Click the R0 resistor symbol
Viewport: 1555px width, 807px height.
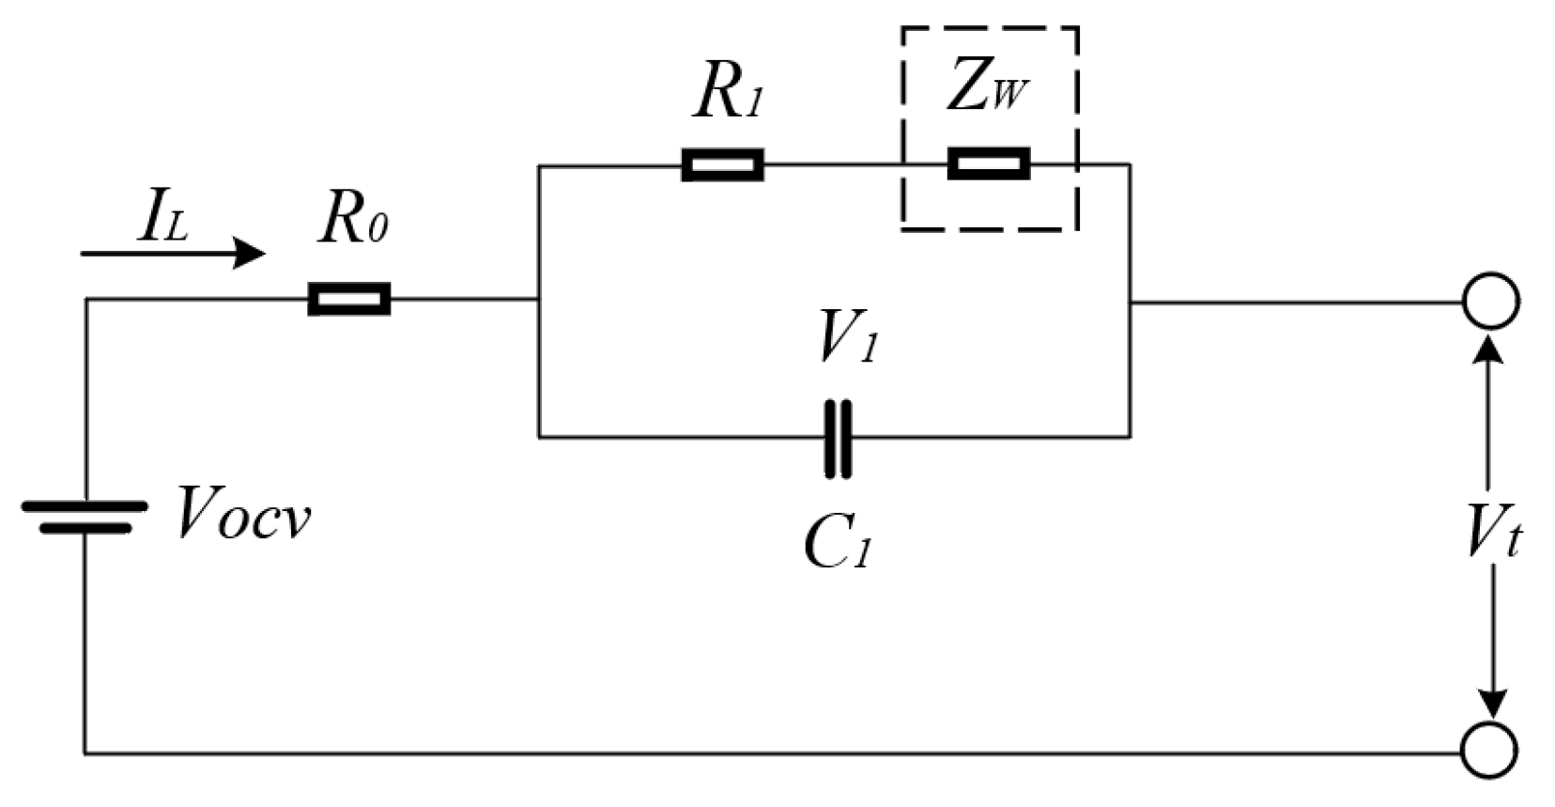[348, 300]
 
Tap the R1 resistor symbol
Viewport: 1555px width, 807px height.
[721, 164]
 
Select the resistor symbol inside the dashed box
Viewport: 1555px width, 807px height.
[988, 164]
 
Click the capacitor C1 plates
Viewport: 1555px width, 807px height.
[838, 438]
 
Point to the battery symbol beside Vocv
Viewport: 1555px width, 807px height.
[85, 517]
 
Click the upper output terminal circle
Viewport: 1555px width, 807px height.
[1489, 302]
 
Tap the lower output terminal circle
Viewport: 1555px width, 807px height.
[1489, 750]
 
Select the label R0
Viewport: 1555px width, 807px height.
[352, 222]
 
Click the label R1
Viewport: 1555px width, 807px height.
[728, 94]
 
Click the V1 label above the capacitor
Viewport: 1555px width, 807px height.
[847, 336]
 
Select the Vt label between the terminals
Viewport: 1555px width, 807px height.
[1493, 535]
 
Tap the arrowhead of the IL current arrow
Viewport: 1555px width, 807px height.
[250, 254]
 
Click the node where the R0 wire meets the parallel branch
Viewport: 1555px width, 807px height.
[539, 300]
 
